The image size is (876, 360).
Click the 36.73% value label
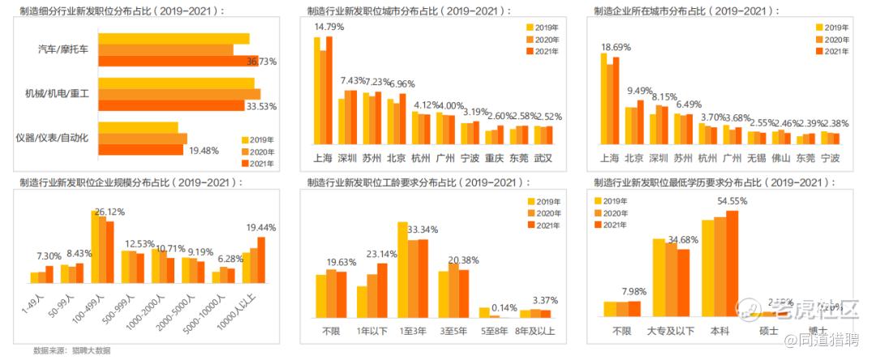(x=262, y=62)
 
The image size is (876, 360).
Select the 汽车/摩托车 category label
(x=68, y=49)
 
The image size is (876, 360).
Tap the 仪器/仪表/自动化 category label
(x=57, y=137)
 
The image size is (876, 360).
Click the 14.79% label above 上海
(x=328, y=28)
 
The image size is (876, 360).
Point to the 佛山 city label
(x=780, y=157)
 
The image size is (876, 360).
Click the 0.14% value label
(x=504, y=307)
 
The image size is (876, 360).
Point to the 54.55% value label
(x=732, y=201)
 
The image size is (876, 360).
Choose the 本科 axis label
(x=719, y=331)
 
